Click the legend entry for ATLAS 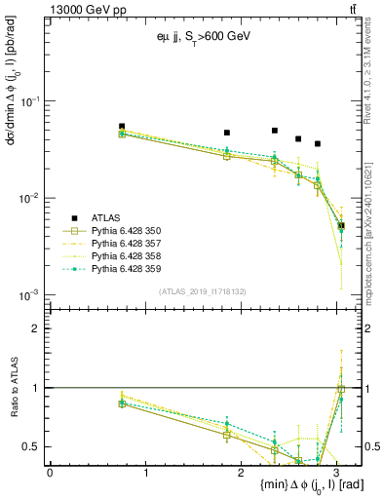[107, 217]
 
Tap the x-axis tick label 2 [244, 472]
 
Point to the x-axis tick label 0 [50, 472]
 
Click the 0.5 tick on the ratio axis [35, 447]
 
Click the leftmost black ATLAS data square [122, 127]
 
